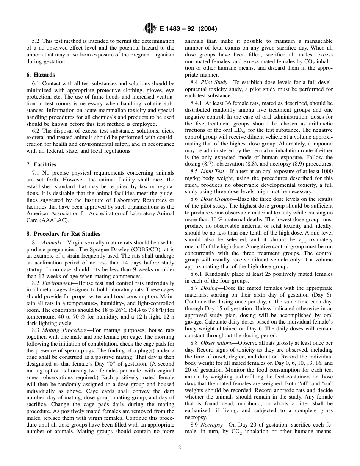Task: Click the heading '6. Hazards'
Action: [x=41, y=75]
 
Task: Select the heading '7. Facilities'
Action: [x=41, y=164]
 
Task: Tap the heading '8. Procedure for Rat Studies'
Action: [x=63, y=233]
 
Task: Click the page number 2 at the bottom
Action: [x=180, y=447]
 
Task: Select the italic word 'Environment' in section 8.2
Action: [x=57, y=283]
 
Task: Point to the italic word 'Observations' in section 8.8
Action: [x=217, y=343]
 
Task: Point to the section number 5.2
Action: [x=36, y=41]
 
